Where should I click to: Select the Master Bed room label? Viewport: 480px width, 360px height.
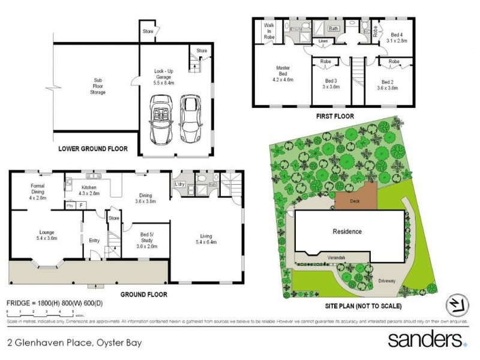(x=282, y=73)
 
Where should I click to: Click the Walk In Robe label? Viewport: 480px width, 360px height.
(x=269, y=32)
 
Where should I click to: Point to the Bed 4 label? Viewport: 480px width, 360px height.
(x=397, y=38)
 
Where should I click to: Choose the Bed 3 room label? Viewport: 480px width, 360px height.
(x=332, y=83)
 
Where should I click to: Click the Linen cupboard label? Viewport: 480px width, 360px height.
(x=323, y=41)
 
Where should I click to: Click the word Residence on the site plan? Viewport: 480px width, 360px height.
(x=347, y=231)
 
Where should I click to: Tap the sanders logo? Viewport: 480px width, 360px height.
(x=427, y=340)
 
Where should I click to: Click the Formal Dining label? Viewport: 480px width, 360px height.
(x=37, y=191)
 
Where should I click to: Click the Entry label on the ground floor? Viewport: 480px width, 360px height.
(x=94, y=241)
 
